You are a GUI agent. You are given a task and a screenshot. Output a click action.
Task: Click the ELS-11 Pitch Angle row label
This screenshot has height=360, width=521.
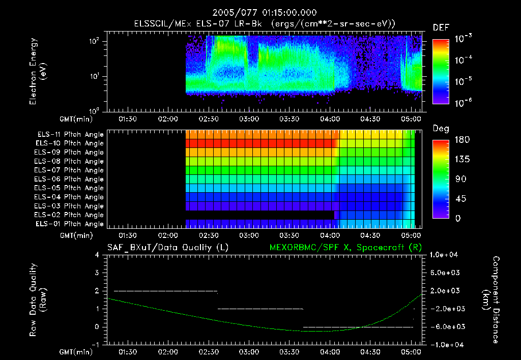coord(70,134)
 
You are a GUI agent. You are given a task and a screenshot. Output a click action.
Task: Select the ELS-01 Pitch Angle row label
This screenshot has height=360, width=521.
coord(70,224)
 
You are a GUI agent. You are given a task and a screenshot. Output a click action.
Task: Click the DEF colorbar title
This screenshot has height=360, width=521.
coord(441,27)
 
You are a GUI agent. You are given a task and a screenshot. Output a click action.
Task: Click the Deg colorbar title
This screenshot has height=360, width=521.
coord(441,129)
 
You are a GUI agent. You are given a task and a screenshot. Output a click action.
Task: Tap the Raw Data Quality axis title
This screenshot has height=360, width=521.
coord(38,300)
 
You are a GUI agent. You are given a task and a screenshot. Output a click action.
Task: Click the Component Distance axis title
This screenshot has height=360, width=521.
coord(493,300)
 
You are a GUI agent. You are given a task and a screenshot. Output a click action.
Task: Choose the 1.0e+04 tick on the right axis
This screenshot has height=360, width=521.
coord(445,255)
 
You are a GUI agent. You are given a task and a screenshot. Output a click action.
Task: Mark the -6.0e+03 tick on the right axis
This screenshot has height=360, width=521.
coord(445,327)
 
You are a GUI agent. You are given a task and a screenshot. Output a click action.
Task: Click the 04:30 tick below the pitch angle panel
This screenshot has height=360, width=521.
coord(370,236)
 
